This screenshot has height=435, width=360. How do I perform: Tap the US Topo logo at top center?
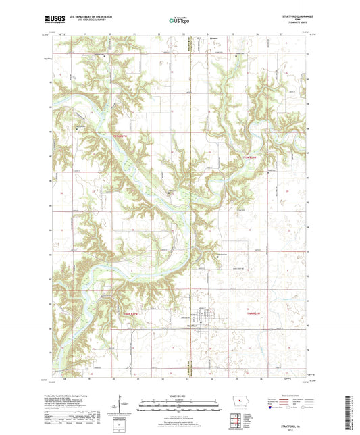tap(180, 22)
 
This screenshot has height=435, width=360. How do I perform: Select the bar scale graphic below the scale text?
tap(180, 407)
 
